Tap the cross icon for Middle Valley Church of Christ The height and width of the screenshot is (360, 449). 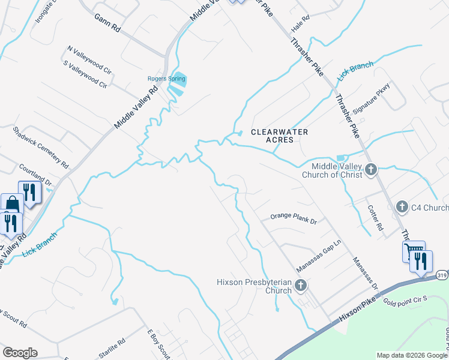pyautogui.click(x=371, y=170)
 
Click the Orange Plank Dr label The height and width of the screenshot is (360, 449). pyautogui.click(x=293, y=218)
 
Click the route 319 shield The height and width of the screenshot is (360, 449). pyautogui.click(x=442, y=275)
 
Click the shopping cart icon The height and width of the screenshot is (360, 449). pyautogui.click(x=412, y=250)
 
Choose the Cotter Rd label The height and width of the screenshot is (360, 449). pyautogui.click(x=375, y=218)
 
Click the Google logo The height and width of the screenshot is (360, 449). pyautogui.click(x=20, y=353)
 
